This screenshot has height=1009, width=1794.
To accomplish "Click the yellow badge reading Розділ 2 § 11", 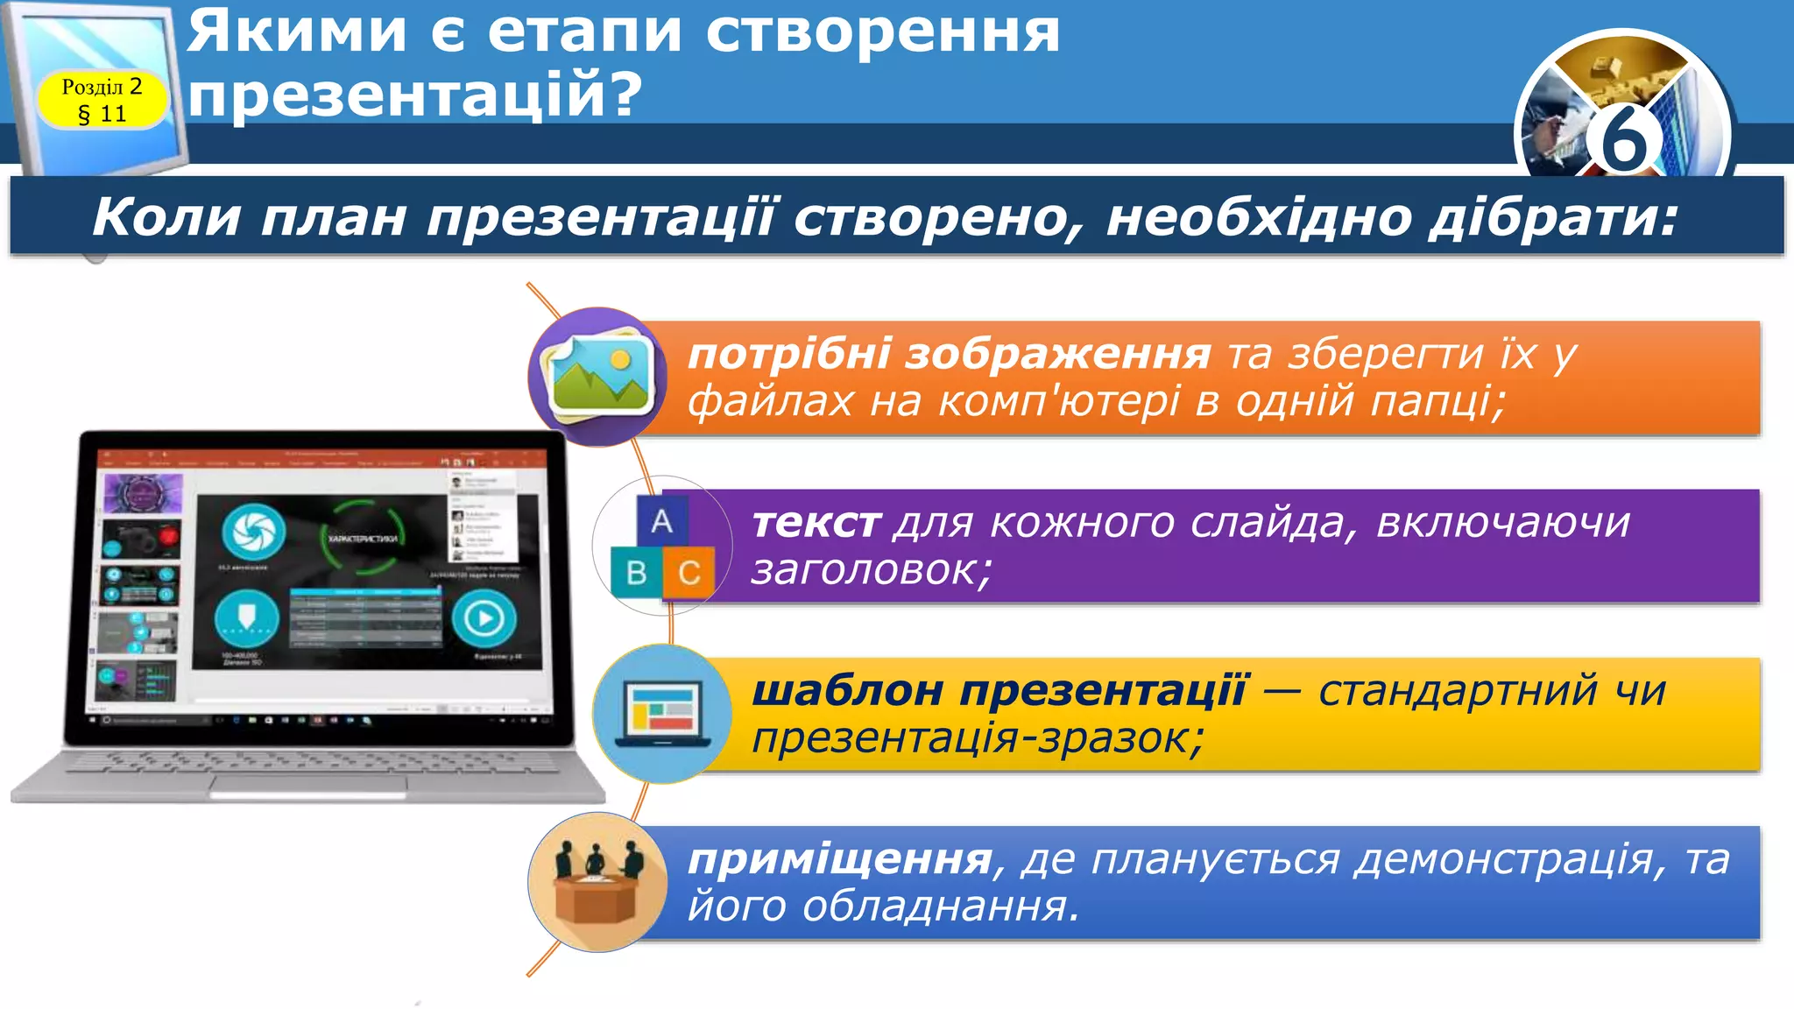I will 102,99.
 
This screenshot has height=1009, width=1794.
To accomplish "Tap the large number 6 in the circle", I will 1623,140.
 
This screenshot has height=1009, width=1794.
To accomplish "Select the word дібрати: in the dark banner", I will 1554,217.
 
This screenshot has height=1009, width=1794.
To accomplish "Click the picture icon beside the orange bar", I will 599,377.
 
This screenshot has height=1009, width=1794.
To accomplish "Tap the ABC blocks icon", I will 662,547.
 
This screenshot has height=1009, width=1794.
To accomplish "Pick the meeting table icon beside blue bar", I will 599,882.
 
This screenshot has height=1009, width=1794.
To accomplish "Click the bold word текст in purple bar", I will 816,524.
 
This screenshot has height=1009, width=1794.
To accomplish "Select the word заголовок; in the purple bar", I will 872,571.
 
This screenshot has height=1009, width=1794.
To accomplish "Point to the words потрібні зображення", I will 950,355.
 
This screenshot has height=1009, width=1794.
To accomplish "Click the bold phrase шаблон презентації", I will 999,691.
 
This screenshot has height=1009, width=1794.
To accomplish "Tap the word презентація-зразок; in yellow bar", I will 978,739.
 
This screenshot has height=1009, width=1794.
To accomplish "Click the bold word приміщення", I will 839,859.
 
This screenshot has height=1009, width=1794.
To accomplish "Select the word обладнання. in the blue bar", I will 940,907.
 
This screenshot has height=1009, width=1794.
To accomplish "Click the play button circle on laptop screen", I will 484,618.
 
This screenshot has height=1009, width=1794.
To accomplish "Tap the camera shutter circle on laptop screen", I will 253,532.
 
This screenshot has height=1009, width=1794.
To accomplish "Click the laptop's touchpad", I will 308,786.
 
